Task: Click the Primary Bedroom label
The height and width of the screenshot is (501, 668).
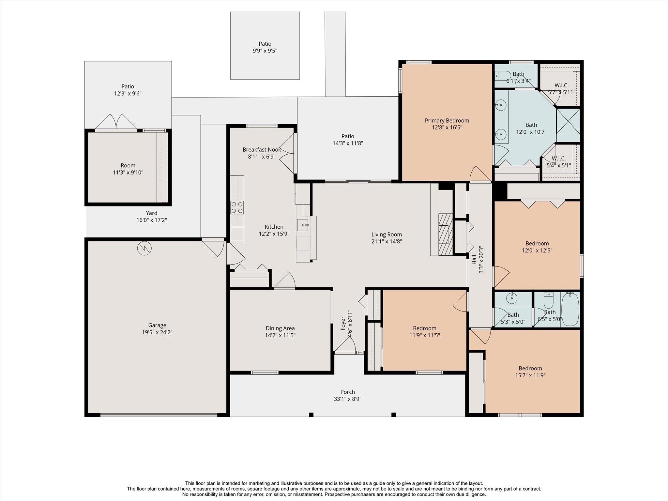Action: pos(447,121)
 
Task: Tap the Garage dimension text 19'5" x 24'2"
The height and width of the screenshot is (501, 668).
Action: pos(157,332)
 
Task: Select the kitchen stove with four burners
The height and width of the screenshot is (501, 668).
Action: pos(237,207)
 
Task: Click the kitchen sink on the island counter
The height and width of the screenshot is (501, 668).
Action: pos(303,225)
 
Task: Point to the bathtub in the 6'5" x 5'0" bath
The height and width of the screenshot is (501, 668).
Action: pos(570,309)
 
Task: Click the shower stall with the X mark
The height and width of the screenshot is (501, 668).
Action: pos(568,121)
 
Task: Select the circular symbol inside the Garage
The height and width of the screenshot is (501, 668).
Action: pos(144,248)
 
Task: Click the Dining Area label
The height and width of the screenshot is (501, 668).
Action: pos(280,328)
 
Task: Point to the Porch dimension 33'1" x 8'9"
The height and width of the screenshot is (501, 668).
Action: pos(347,399)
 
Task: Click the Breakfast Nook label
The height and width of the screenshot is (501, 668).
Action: pos(262,149)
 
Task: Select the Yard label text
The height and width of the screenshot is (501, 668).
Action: pos(151,213)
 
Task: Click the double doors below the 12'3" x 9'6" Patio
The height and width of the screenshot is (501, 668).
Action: pos(116,122)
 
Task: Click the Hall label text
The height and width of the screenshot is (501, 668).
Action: pos(474,260)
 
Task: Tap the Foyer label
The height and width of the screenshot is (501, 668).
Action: pos(343,323)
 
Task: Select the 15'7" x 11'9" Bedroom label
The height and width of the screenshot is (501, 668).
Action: pos(530,368)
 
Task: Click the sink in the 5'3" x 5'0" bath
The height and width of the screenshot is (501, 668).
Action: pos(512,298)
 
